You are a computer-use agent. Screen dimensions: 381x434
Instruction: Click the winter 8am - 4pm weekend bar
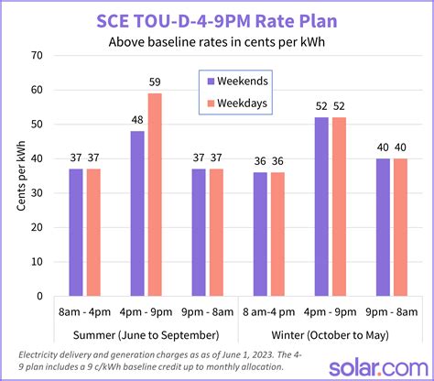pos(261,234)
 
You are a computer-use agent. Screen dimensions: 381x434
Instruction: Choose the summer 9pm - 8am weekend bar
pos(199,233)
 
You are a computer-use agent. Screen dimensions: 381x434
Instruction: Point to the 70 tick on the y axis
pos(37,56)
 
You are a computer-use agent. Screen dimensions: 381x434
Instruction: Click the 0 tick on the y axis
pos(40,297)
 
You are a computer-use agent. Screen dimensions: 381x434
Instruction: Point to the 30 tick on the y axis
pos(37,193)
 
